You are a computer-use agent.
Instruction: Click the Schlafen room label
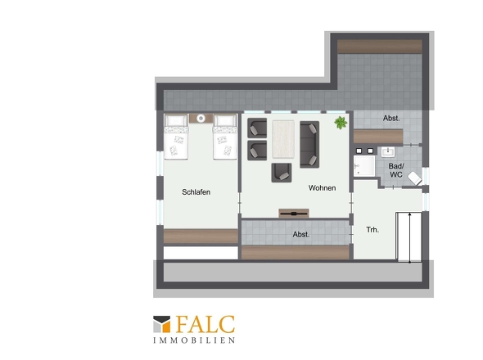[196, 192]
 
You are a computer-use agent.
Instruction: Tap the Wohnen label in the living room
[323, 188]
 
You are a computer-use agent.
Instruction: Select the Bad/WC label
[396, 170]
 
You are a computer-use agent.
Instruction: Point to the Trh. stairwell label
[372, 230]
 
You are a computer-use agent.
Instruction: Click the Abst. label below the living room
[301, 235]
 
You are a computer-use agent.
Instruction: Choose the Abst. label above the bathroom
[391, 119]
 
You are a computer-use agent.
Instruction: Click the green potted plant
[341, 123]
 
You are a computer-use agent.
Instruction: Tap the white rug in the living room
[283, 139]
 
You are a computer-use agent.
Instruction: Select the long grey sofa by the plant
[309, 145]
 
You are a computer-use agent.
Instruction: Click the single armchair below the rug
[282, 173]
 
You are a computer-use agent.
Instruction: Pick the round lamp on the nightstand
[201, 119]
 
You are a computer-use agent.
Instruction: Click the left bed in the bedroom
[176, 137]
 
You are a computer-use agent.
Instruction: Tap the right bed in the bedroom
[225, 137]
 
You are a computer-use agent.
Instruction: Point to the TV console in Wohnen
[294, 213]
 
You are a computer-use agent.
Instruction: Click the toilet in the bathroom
[414, 178]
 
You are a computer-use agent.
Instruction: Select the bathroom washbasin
[388, 152]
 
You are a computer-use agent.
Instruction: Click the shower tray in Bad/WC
[364, 166]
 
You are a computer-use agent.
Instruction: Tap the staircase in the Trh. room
[409, 236]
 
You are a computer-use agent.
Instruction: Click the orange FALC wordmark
[205, 324]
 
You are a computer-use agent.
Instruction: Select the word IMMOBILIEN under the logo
[194, 340]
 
